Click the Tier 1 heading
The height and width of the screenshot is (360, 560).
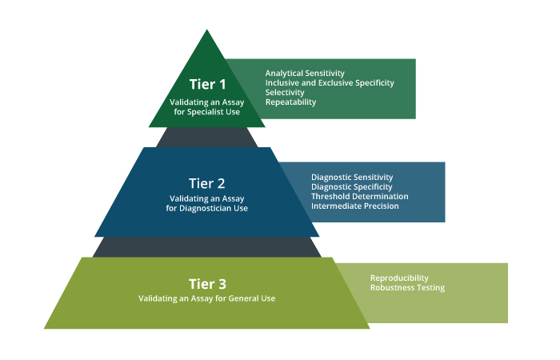(x=207, y=83)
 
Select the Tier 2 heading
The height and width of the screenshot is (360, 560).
(x=207, y=181)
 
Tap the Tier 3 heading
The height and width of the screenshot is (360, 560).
(x=207, y=283)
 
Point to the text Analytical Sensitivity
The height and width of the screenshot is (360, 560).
(x=305, y=74)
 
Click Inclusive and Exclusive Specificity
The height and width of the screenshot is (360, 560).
(x=330, y=83)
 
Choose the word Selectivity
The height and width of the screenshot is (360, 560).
(x=285, y=93)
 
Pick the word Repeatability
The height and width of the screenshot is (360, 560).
(x=291, y=102)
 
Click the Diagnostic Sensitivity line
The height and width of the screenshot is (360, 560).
(x=352, y=177)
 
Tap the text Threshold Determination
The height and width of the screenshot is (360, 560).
(x=359, y=196)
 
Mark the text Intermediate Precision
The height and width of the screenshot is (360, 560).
(x=354, y=206)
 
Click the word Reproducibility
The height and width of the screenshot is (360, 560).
(x=400, y=278)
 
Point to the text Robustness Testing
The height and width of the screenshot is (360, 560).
(x=407, y=287)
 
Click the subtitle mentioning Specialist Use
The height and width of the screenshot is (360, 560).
(x=207, y=107)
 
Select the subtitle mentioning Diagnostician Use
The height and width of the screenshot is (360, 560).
(x=207, y=203)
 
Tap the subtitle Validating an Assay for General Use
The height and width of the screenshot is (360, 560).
(x=207, y=298)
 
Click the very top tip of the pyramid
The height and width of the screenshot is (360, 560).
(x=207, y=31)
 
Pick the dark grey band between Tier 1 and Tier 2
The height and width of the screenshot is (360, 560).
(x=207, y=137)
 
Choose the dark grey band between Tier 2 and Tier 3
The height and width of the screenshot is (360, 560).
(x=207, y=246)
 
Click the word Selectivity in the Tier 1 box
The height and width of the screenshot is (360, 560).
(x=285, y=93)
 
